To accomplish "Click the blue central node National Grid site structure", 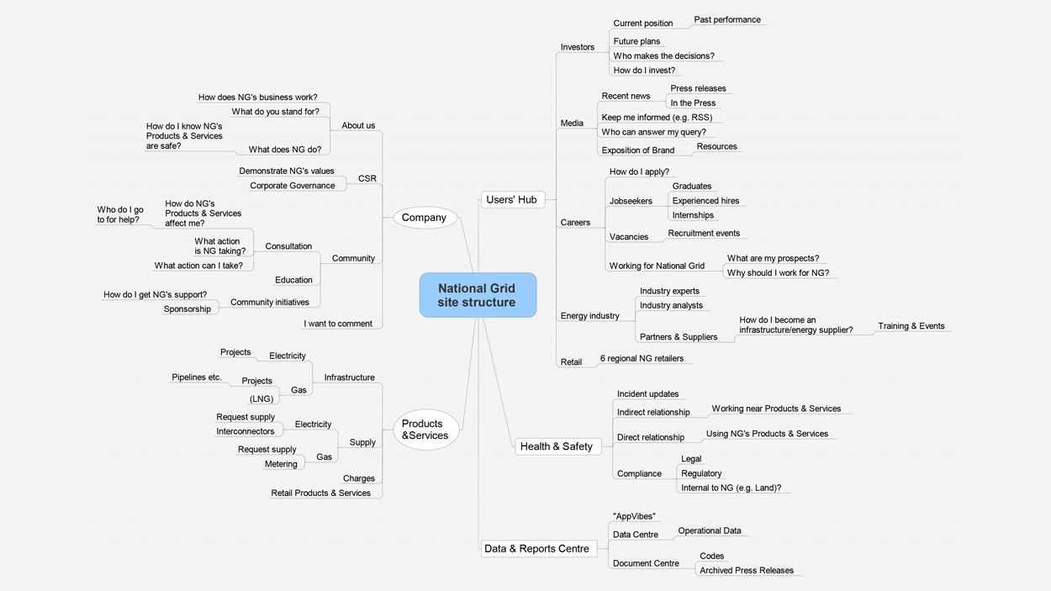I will tap(478, 295).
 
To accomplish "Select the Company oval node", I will tap(425, 218).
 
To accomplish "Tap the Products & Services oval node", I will tap(425, 430).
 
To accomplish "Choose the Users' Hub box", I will tap(511, 199).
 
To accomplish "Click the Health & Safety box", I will tap(557, 446).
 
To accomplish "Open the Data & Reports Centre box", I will tap(536, 549).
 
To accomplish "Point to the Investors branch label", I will tap(578, 47).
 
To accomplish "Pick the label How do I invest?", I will tap(644, 71).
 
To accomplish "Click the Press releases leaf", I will tap(698, 88).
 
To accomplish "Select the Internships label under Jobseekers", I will tap(693, 215).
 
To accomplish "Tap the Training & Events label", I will tap(911, 326).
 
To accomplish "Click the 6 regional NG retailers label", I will tap(642, 358).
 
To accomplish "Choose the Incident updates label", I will tap(647, 394).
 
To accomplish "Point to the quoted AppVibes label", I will tap(634, 516).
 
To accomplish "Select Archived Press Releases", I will tap(747, 570).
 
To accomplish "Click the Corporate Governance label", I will tap(293, 186).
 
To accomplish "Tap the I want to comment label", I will tap(338, 324).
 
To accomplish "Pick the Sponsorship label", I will tap(187, 309).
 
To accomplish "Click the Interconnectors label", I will tap(246, 431).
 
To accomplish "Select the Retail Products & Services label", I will tap(320, 493).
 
